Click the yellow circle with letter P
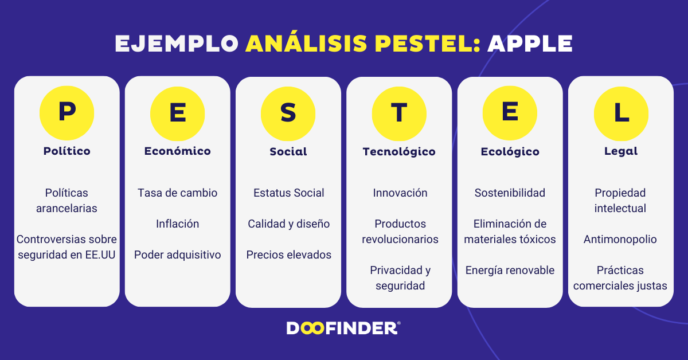click(67, 113)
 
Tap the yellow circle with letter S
click(288, 113)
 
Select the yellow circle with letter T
click(399, 113)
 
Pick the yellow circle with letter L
click(621, 113)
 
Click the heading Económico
click(178, 151)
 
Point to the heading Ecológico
click(510, 152)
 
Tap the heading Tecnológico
click(399, 152)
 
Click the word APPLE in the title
click(530, 44)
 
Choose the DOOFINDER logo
click(343, 328)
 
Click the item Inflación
click(178, 224)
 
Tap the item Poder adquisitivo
click(178, 255)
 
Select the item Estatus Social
click(289, 193)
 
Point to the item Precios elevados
click(289, 255)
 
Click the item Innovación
click(400, 193)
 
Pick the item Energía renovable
click(510, 270)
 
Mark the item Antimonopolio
click(620, 239)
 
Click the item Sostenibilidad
click(510, 193)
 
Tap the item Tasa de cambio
click(178, 193)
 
